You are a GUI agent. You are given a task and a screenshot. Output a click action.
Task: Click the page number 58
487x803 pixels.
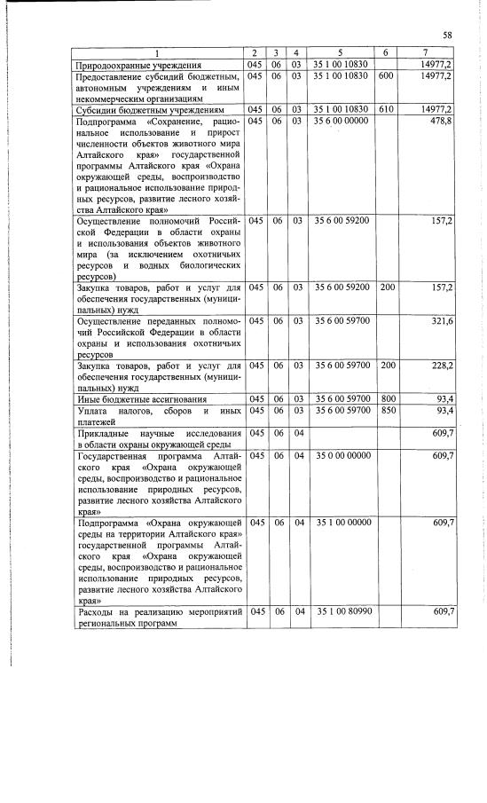point(448,35)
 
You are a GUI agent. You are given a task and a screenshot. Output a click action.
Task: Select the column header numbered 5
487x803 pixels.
point(340,53)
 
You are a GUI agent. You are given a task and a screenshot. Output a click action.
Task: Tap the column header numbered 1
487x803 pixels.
point(157,53)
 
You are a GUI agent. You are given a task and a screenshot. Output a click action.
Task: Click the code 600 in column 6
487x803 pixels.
point(385,77)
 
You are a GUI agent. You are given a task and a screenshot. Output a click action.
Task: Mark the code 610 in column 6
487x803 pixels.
point(385,109)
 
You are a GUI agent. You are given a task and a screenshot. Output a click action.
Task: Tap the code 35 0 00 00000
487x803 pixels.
point(340,454)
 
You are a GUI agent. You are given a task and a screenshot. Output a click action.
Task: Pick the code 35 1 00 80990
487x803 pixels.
point(340,612)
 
